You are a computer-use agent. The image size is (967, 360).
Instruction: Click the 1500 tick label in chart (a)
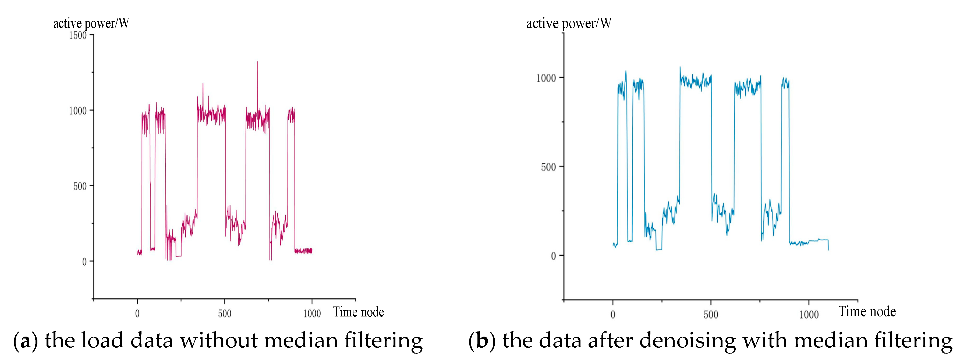78,36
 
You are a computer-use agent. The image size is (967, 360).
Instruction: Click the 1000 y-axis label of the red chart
78,111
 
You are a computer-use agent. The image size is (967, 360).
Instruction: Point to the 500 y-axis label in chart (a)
80,187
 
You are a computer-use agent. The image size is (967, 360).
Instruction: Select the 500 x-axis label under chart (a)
225,314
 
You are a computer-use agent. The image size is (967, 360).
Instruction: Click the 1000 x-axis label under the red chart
312,314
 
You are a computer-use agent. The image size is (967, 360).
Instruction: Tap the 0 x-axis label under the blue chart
613,315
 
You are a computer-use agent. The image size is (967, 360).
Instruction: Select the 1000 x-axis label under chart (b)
809,315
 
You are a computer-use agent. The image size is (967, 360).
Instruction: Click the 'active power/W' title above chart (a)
91,24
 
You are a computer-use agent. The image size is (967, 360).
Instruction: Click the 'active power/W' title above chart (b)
569,24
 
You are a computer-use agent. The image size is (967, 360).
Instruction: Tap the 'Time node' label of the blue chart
867,312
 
